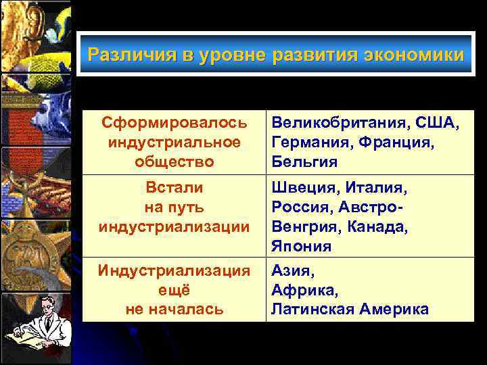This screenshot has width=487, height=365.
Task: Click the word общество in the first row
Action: tap(174, 162)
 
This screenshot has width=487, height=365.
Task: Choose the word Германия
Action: tap(305, 143)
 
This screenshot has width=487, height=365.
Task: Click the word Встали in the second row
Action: tap(174, 187)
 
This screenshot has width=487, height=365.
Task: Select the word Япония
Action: tap(302, 245)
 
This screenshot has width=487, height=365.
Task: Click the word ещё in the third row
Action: tap(174, 290)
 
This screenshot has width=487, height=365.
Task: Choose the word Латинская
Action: tap(313, 310)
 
